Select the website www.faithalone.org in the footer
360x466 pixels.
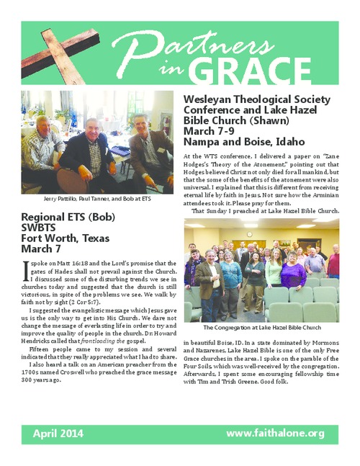(276, 434)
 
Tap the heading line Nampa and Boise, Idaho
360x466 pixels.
(234, 141)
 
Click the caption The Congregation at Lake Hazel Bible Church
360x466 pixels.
(261, 328)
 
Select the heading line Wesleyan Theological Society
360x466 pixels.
(257, 99)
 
